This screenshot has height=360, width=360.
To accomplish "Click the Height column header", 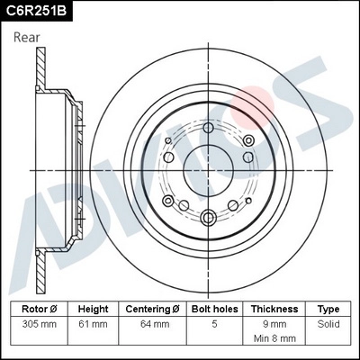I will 93,308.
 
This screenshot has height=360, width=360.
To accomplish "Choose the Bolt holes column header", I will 213,308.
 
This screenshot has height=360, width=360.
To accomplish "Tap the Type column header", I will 328,308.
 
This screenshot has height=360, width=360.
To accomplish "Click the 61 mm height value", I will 93,322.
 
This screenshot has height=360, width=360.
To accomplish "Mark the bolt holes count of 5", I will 213,322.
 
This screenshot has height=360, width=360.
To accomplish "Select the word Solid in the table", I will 328,322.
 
